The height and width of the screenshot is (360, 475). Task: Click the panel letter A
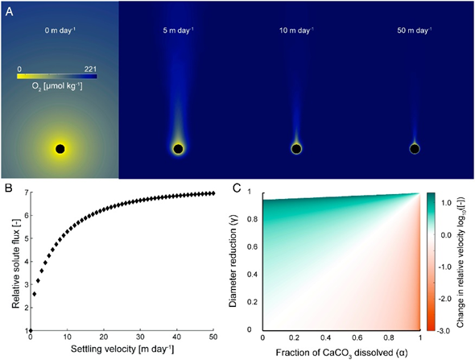[10, 12]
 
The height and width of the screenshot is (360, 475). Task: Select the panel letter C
[237, 188]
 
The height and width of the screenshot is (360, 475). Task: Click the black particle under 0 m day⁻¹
[60, 149]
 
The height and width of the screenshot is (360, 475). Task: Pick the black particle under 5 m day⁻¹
[178, 149]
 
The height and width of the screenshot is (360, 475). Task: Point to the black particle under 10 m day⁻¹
[296, 149]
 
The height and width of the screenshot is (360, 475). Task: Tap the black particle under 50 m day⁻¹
[415, 149]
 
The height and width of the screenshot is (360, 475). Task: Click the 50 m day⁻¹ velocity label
[414, 31]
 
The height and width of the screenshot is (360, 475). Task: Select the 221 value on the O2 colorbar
[90, 69]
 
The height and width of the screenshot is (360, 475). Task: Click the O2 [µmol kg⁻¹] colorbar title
[57, 86]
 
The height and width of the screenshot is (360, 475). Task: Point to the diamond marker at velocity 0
[31, 330]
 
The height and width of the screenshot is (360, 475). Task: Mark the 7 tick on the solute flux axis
[27, 192]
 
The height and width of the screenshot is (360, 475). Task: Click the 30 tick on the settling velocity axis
[140, 337]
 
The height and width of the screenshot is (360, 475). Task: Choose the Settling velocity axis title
[122, 350]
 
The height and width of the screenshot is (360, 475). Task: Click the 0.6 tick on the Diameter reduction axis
[253, 246]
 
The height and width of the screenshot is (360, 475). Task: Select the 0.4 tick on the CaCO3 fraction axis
[325, 337]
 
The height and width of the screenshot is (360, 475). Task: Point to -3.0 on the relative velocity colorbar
[444, 331]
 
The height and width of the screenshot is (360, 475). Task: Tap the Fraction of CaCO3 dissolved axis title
[341, 353]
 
